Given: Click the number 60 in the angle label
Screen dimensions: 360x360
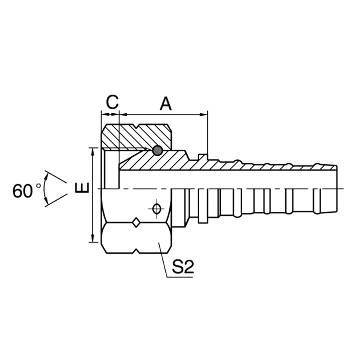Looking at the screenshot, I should point(23,191).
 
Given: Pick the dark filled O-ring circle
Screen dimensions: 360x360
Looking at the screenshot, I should point(157,150).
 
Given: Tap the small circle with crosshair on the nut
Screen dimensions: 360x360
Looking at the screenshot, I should point(156,208).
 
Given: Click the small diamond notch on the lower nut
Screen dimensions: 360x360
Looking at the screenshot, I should point(136,222).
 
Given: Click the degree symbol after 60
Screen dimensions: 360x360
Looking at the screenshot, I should point(38,186).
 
